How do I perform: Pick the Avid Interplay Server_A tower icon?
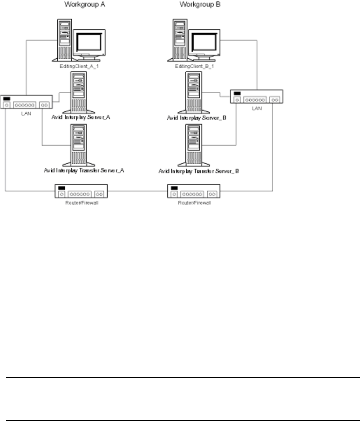click(78, 91)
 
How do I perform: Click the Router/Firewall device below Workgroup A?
click(81, 191)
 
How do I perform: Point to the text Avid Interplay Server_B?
click(197, 118)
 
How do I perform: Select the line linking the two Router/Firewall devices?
click(137, 191)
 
